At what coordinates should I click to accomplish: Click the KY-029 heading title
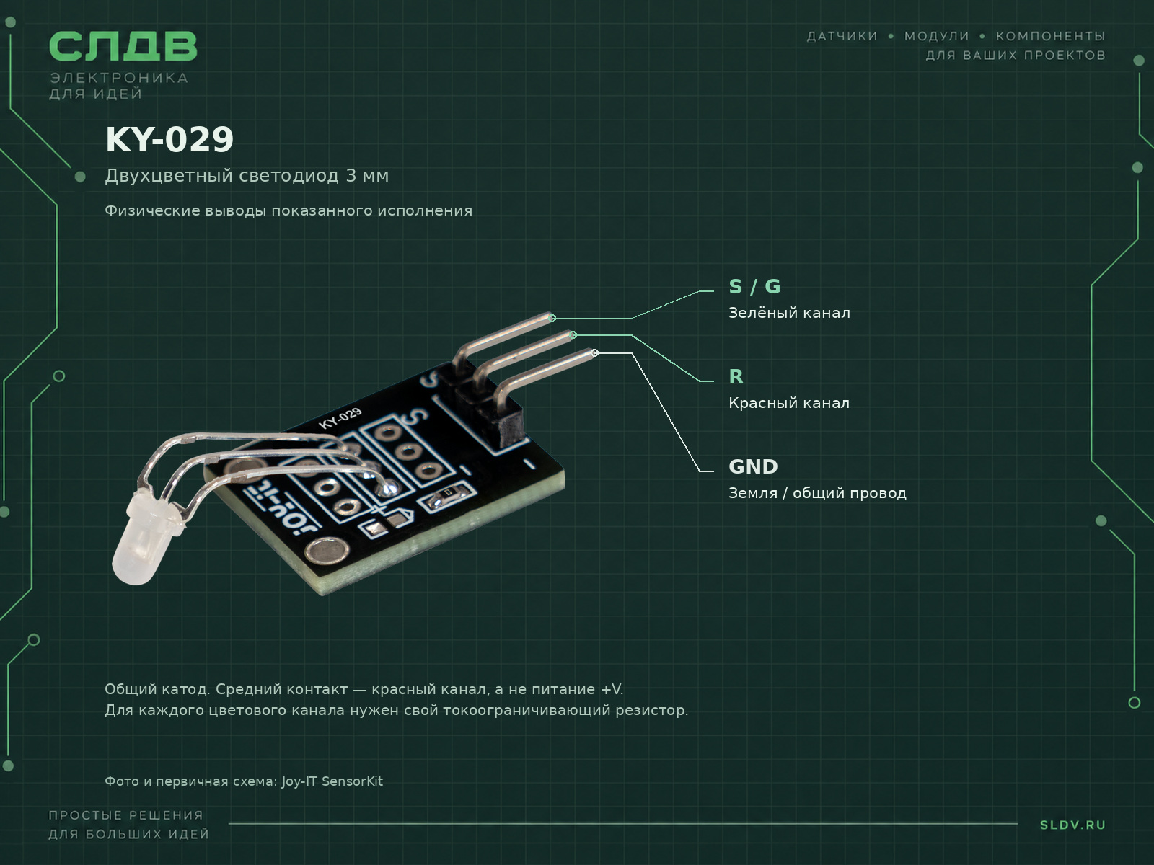point(169,140)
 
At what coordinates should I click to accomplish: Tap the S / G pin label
point(754,287)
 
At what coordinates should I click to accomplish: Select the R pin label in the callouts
point(736,376)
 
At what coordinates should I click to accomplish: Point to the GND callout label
point(753,466)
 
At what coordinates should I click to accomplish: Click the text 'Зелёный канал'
point(789,313)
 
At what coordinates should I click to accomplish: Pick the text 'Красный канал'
point(788,403)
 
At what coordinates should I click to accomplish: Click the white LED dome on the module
point(142,541)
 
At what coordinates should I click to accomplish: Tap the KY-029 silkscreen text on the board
point(340,418)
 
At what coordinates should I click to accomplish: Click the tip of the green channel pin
point(552,318)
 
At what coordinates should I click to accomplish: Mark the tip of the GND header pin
point(594,353)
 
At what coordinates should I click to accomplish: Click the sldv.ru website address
point(1072,825)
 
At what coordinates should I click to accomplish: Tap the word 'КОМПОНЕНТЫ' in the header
point(1050,36)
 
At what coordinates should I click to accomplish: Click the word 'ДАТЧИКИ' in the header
point(842,36)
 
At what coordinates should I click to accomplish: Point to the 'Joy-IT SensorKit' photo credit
point(332,781)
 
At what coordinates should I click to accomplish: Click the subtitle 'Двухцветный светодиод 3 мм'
point(247,176)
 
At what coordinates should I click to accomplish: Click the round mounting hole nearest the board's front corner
point(327,552)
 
